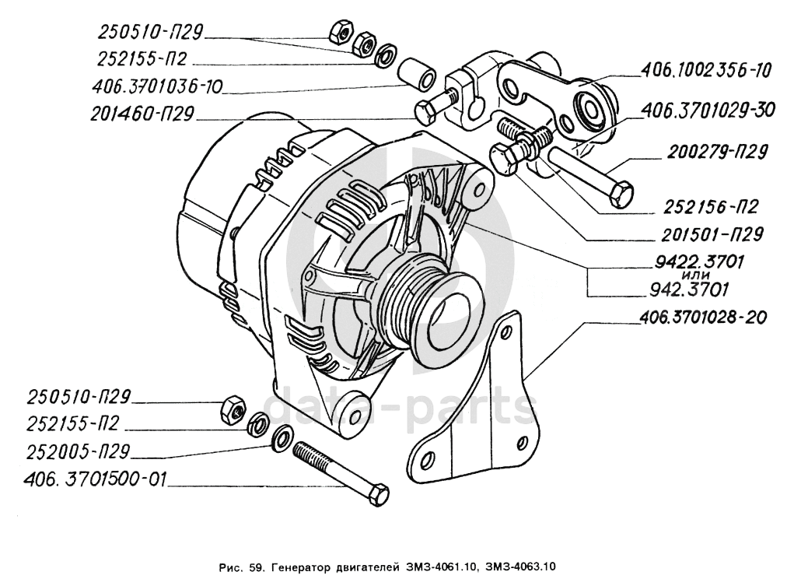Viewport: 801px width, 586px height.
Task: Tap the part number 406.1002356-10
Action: pos(705,70)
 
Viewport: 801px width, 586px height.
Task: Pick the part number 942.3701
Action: pos(688,290)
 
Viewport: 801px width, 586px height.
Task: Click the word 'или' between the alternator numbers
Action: pos(691,276)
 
